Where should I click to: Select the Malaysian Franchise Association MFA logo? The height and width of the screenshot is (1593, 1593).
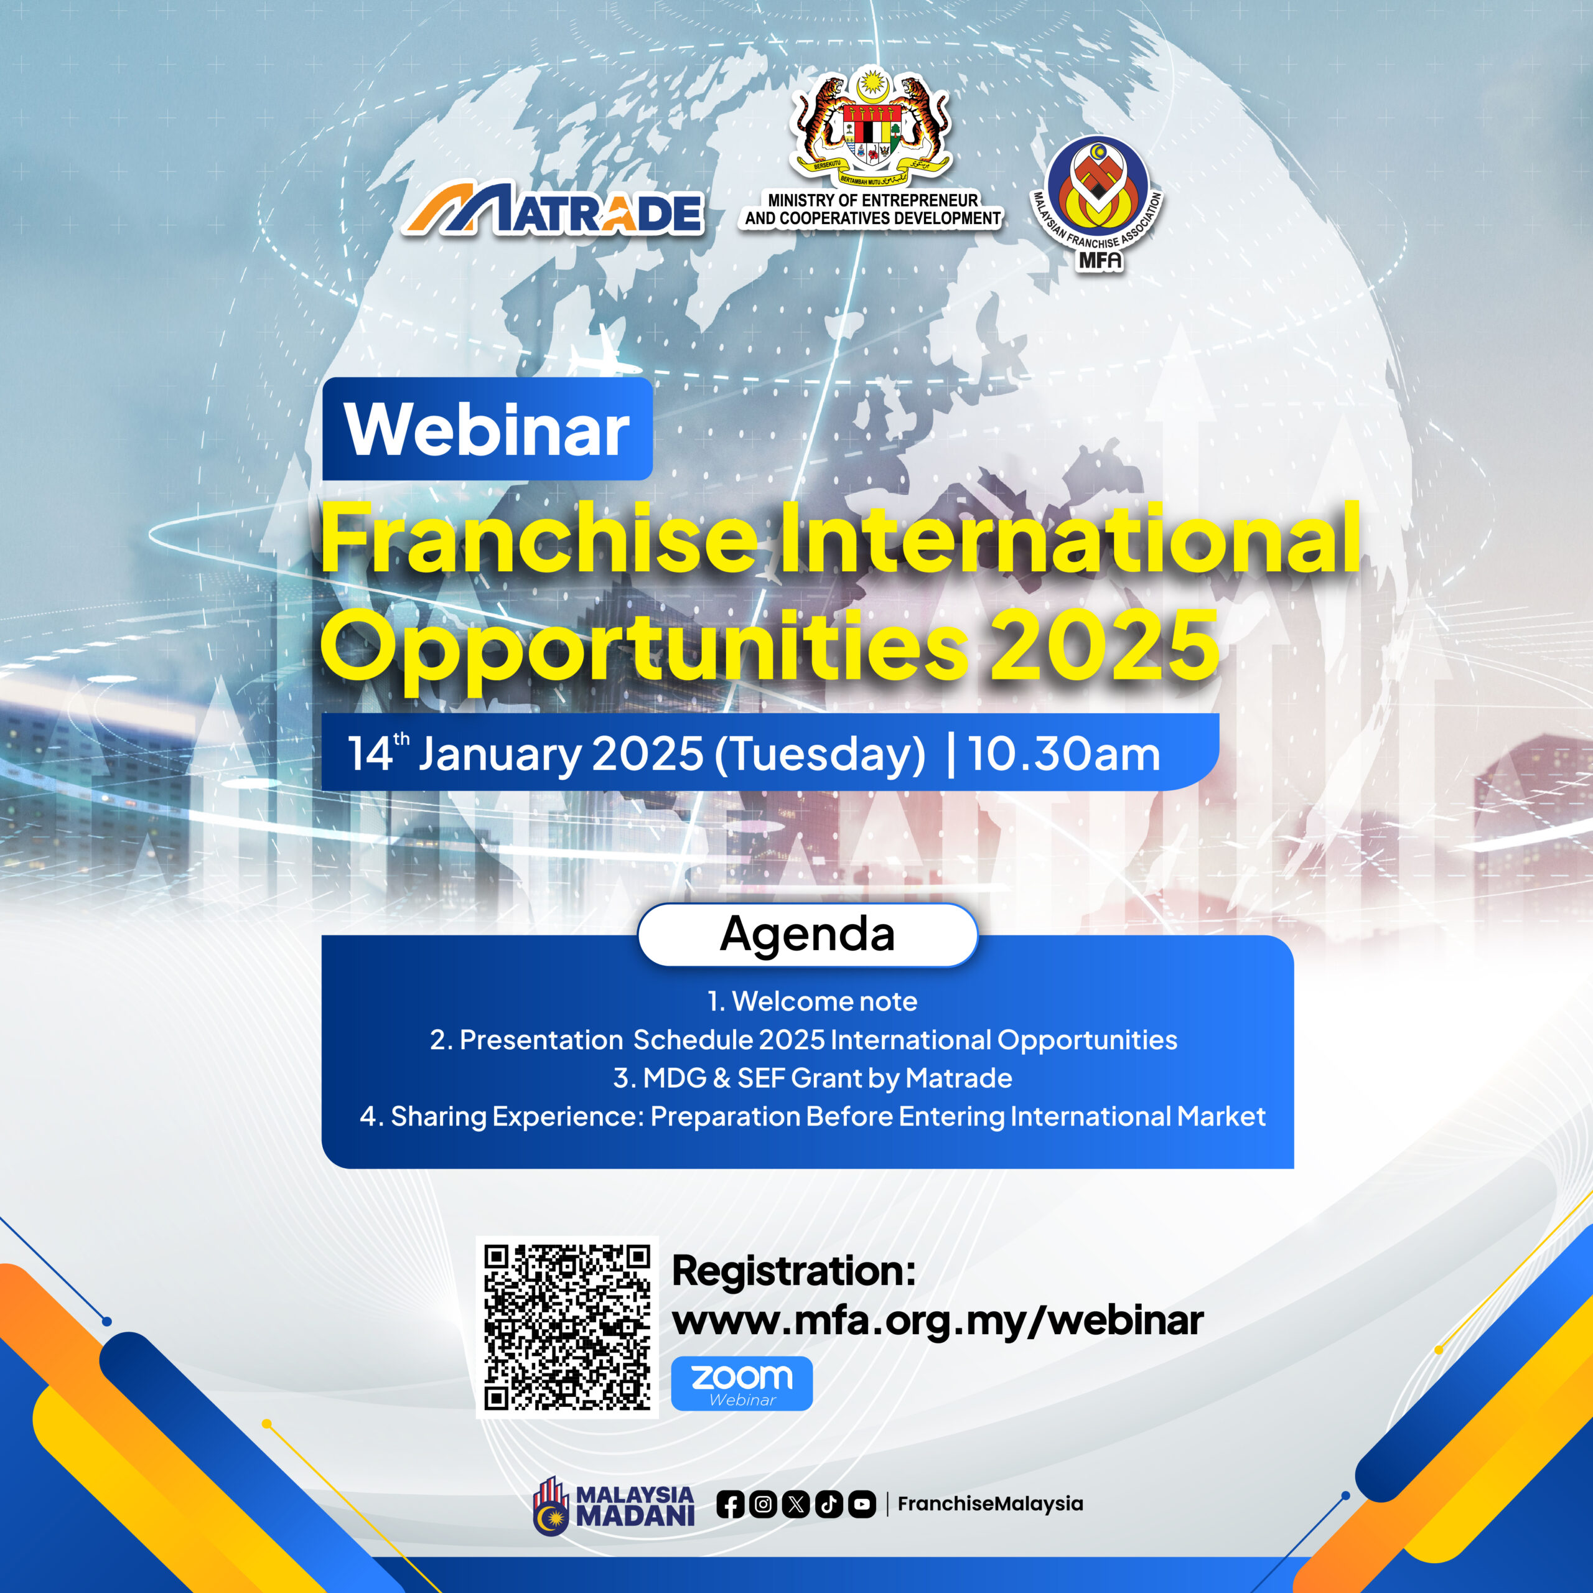click(x=1098, y=203)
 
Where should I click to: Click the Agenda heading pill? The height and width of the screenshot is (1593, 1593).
click(x=807, y=934)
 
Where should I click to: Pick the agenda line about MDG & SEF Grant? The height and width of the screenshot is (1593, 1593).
click(x=812, y=1078)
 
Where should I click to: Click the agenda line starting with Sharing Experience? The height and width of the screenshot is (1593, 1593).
click(x=812, y=1116)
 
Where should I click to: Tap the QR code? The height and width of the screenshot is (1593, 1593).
click(x=568, y=1327)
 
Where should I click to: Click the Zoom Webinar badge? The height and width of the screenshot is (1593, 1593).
click(x=742, y=1383)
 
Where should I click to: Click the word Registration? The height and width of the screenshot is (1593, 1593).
click(x=794, y=1271)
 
